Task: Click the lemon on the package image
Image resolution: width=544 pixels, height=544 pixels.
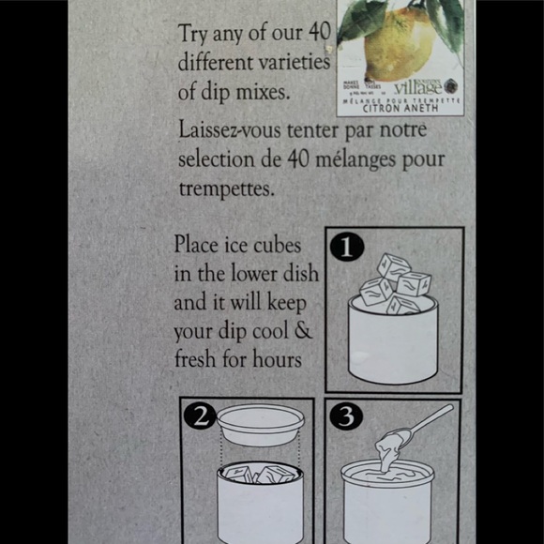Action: click(399, 42)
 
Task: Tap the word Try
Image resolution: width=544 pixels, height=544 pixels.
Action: click(193, 35)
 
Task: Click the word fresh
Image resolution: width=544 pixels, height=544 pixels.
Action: click(199, 361)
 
